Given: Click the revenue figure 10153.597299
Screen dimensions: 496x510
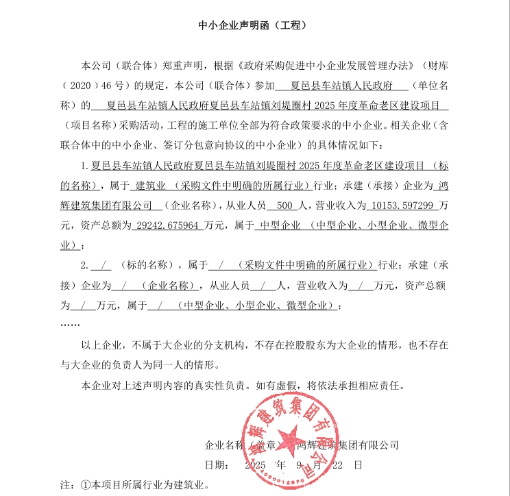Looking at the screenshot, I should point(404,205).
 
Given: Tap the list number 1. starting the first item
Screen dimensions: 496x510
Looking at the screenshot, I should point(85,165).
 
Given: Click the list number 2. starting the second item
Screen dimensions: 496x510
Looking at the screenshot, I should point(85,265).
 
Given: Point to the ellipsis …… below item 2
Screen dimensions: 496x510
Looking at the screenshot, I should point(71,322).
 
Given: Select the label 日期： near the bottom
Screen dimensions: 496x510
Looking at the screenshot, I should point(217,464).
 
